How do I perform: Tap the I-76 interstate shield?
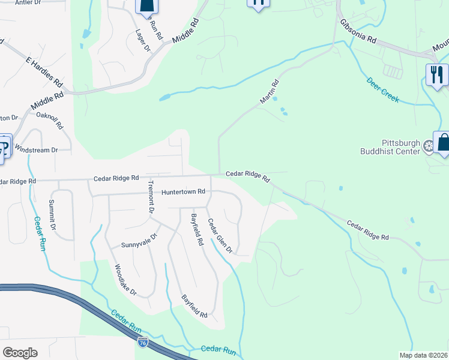pos(142,342)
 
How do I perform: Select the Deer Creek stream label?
pos(383,89)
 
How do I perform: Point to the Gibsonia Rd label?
pos(358,31)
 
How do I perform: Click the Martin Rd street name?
pos(270,92)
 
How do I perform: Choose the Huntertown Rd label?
pos(183,191)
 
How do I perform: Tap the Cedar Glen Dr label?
pos(220,236)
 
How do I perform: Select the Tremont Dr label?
pos(151,197)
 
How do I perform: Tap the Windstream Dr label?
pos(36,149)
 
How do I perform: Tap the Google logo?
pos(20,353)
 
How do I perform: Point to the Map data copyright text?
pos(424,355)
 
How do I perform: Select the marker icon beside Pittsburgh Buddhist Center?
pos(429,146)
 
